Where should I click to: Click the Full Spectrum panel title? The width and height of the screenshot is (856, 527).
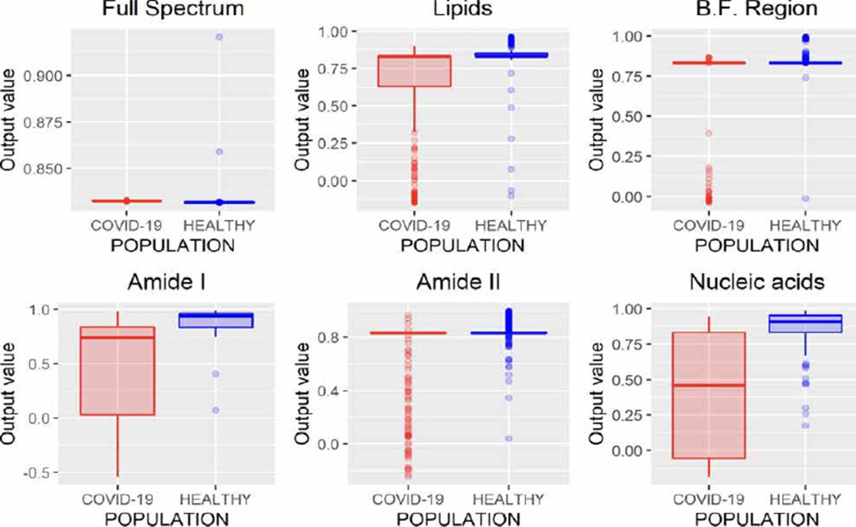(x=173, y=9)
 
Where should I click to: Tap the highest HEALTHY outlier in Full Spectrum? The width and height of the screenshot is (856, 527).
(x=219, y=37)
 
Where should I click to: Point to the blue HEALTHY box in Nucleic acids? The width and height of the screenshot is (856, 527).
(x=805, y=323)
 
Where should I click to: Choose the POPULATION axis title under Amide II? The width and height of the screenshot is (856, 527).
(x=462, y=517)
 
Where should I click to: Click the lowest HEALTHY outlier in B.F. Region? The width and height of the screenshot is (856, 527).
(x=805, y=198)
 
